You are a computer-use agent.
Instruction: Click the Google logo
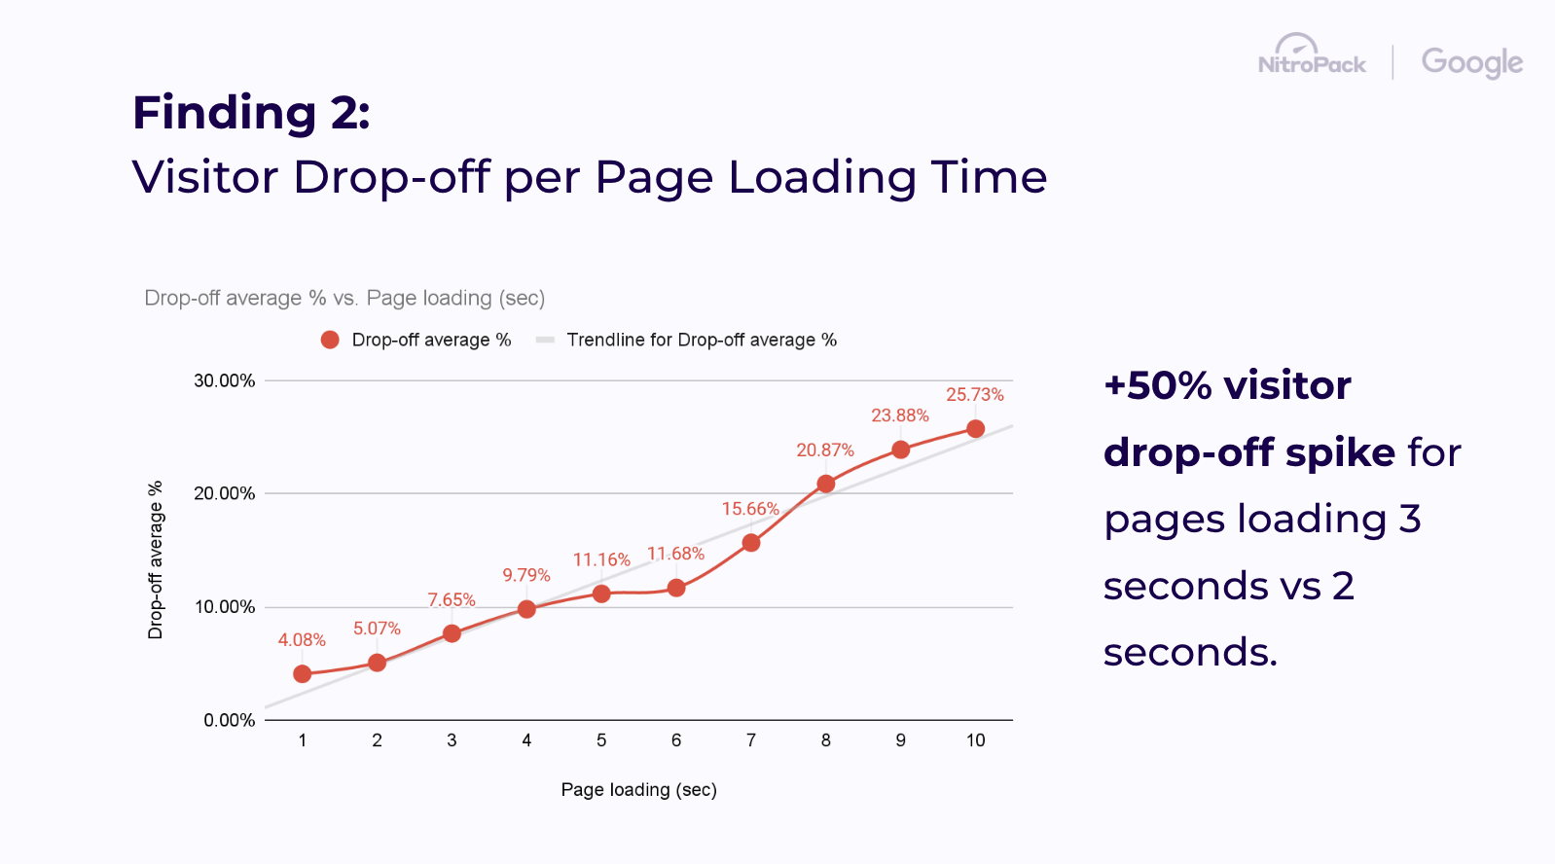click(1471, 62)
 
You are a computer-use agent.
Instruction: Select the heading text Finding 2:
click(251, 113)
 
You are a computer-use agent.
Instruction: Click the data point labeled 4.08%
click(303, 674)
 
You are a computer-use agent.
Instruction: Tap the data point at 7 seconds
click(751, 543)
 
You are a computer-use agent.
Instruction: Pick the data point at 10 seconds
click(975, 429)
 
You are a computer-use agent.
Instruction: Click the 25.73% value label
click(974, 395)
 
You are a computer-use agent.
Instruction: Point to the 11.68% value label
click(675, 554)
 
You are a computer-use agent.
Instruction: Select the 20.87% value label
click(824, 450)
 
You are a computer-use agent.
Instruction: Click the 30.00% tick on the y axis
click(225, 381)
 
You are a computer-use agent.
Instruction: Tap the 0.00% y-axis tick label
click(230, 721)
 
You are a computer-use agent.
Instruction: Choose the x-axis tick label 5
click(601, 740)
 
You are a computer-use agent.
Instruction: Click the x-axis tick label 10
click(975, 740)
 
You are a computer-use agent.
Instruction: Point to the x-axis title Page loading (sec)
click(638, 790)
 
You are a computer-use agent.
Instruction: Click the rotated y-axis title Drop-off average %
click(156, 560)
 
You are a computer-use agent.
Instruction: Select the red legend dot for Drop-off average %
click(330, 340)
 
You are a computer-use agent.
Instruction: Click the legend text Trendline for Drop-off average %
click(702, 340)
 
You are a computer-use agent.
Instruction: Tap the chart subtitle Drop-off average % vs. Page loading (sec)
click(344, 298)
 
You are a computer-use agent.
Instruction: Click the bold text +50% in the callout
click(1158, 386)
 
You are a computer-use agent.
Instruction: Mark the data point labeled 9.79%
click(526, 609)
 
